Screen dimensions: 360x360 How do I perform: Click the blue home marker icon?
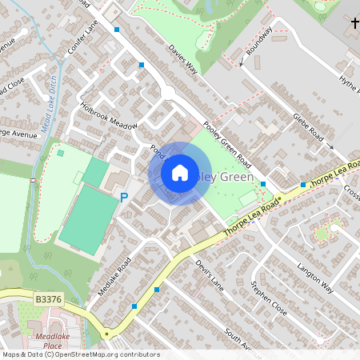180,172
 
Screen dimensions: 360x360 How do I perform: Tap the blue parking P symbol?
124,197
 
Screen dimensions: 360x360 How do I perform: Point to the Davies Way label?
182,58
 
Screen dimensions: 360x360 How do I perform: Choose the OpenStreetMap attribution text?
80,354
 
